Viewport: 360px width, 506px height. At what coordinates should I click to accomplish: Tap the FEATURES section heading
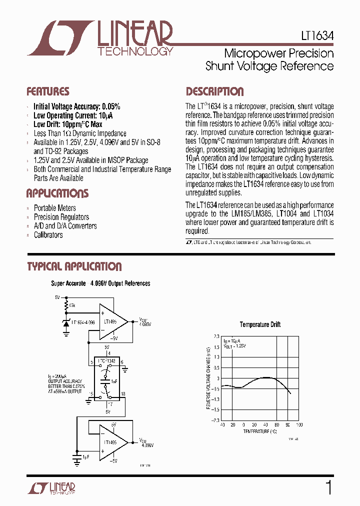(48, 91)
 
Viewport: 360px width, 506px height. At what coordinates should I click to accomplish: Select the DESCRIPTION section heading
(215, 91)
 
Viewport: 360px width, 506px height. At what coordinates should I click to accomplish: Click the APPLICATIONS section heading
(57, 193)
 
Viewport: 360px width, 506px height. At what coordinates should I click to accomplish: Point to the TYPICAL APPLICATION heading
(74, 266)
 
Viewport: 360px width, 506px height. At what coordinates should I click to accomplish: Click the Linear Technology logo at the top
(100, 37)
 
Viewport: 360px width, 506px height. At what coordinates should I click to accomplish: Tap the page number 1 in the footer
(328, 487)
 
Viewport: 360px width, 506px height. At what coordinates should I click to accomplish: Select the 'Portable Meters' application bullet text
(55, 208)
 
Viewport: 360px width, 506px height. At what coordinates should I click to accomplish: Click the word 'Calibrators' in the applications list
(48, 235)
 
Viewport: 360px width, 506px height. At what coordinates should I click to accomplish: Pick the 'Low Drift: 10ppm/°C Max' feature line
(68, 124)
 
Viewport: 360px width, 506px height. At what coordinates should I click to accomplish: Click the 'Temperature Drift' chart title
(260, 324)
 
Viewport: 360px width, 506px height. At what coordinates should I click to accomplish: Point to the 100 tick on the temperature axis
(299, 425)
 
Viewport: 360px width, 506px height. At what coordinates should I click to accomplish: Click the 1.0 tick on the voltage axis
(216, 357)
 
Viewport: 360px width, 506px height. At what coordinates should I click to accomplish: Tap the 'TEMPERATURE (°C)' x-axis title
(260, 430)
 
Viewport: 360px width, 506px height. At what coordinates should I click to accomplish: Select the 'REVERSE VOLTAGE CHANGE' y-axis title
(208, 378)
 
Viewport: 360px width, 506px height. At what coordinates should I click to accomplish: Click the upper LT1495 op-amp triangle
(113, 322)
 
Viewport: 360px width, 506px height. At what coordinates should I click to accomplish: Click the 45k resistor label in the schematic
(72, 305)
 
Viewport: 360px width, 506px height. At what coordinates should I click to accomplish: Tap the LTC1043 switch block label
(106, 360)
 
